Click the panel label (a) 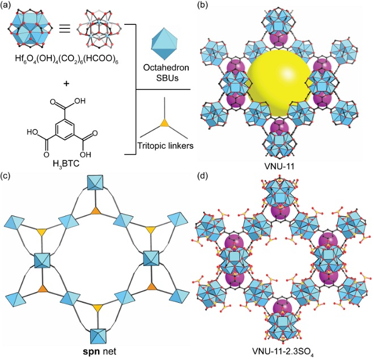click(x=6, y=5)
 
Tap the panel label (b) click(x=203, y=5)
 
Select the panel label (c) click(x=6, y=177)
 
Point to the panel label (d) click(x=203, y=177)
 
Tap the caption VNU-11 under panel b click(x=280, y=166)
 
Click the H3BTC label click(x=65, y=164)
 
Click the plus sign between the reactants click(x=66, y=84)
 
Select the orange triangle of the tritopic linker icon click(x=164, y=123)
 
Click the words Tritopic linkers click(x=165, y=145)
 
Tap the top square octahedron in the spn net click(x=95, y=182)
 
